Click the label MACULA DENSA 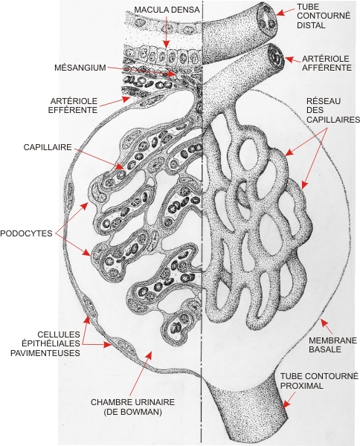(x=167, y=10)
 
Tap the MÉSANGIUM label (x=80, y=68)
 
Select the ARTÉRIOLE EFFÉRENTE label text (x=73, y=106)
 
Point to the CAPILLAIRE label (x=48, y=147)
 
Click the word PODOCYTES (x=26, y=233)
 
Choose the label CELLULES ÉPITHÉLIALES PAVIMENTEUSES (x=45, y=343)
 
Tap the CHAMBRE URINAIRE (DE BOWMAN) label (x=132, y=407)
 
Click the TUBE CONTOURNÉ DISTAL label (x=324, y=16)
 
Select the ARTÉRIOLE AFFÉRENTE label (x=327, y=63)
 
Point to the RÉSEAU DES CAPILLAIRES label (x=333, y=110)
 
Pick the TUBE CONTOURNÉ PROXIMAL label (x=319, y=381)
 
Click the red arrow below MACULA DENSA (x=166, y=31)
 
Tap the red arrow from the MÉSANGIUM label (x=142, y=71)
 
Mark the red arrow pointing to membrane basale (x=327, y=326)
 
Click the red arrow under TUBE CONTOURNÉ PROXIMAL (x=289, y=401)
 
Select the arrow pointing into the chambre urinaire (x=141, y=373)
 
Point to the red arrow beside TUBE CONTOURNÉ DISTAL (x=286, y=12)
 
